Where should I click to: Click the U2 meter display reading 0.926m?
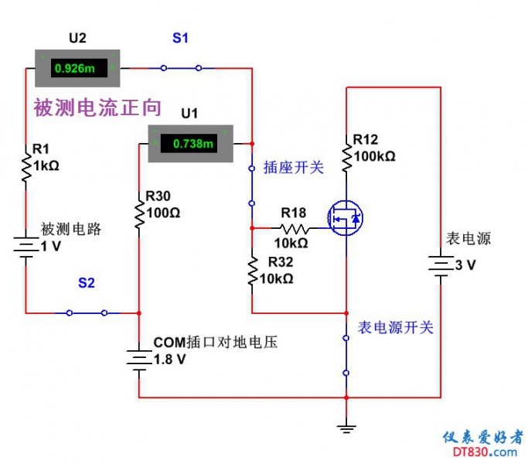click(x=75, y=69)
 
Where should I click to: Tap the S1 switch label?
click(x=179, y=38)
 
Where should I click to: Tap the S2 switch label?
click(x=86, y=283)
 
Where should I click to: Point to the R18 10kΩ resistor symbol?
click(x=294, y=228)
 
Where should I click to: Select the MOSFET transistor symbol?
click(x=346, y=219)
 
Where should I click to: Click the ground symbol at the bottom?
click(x=346, y=425)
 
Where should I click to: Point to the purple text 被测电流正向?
click(x=97, y=107)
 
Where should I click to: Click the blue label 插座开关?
click(x=294, y=167)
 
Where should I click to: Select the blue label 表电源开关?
click(x=395, y=328)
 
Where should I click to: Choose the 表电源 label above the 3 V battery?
click(x=468, y=239)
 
